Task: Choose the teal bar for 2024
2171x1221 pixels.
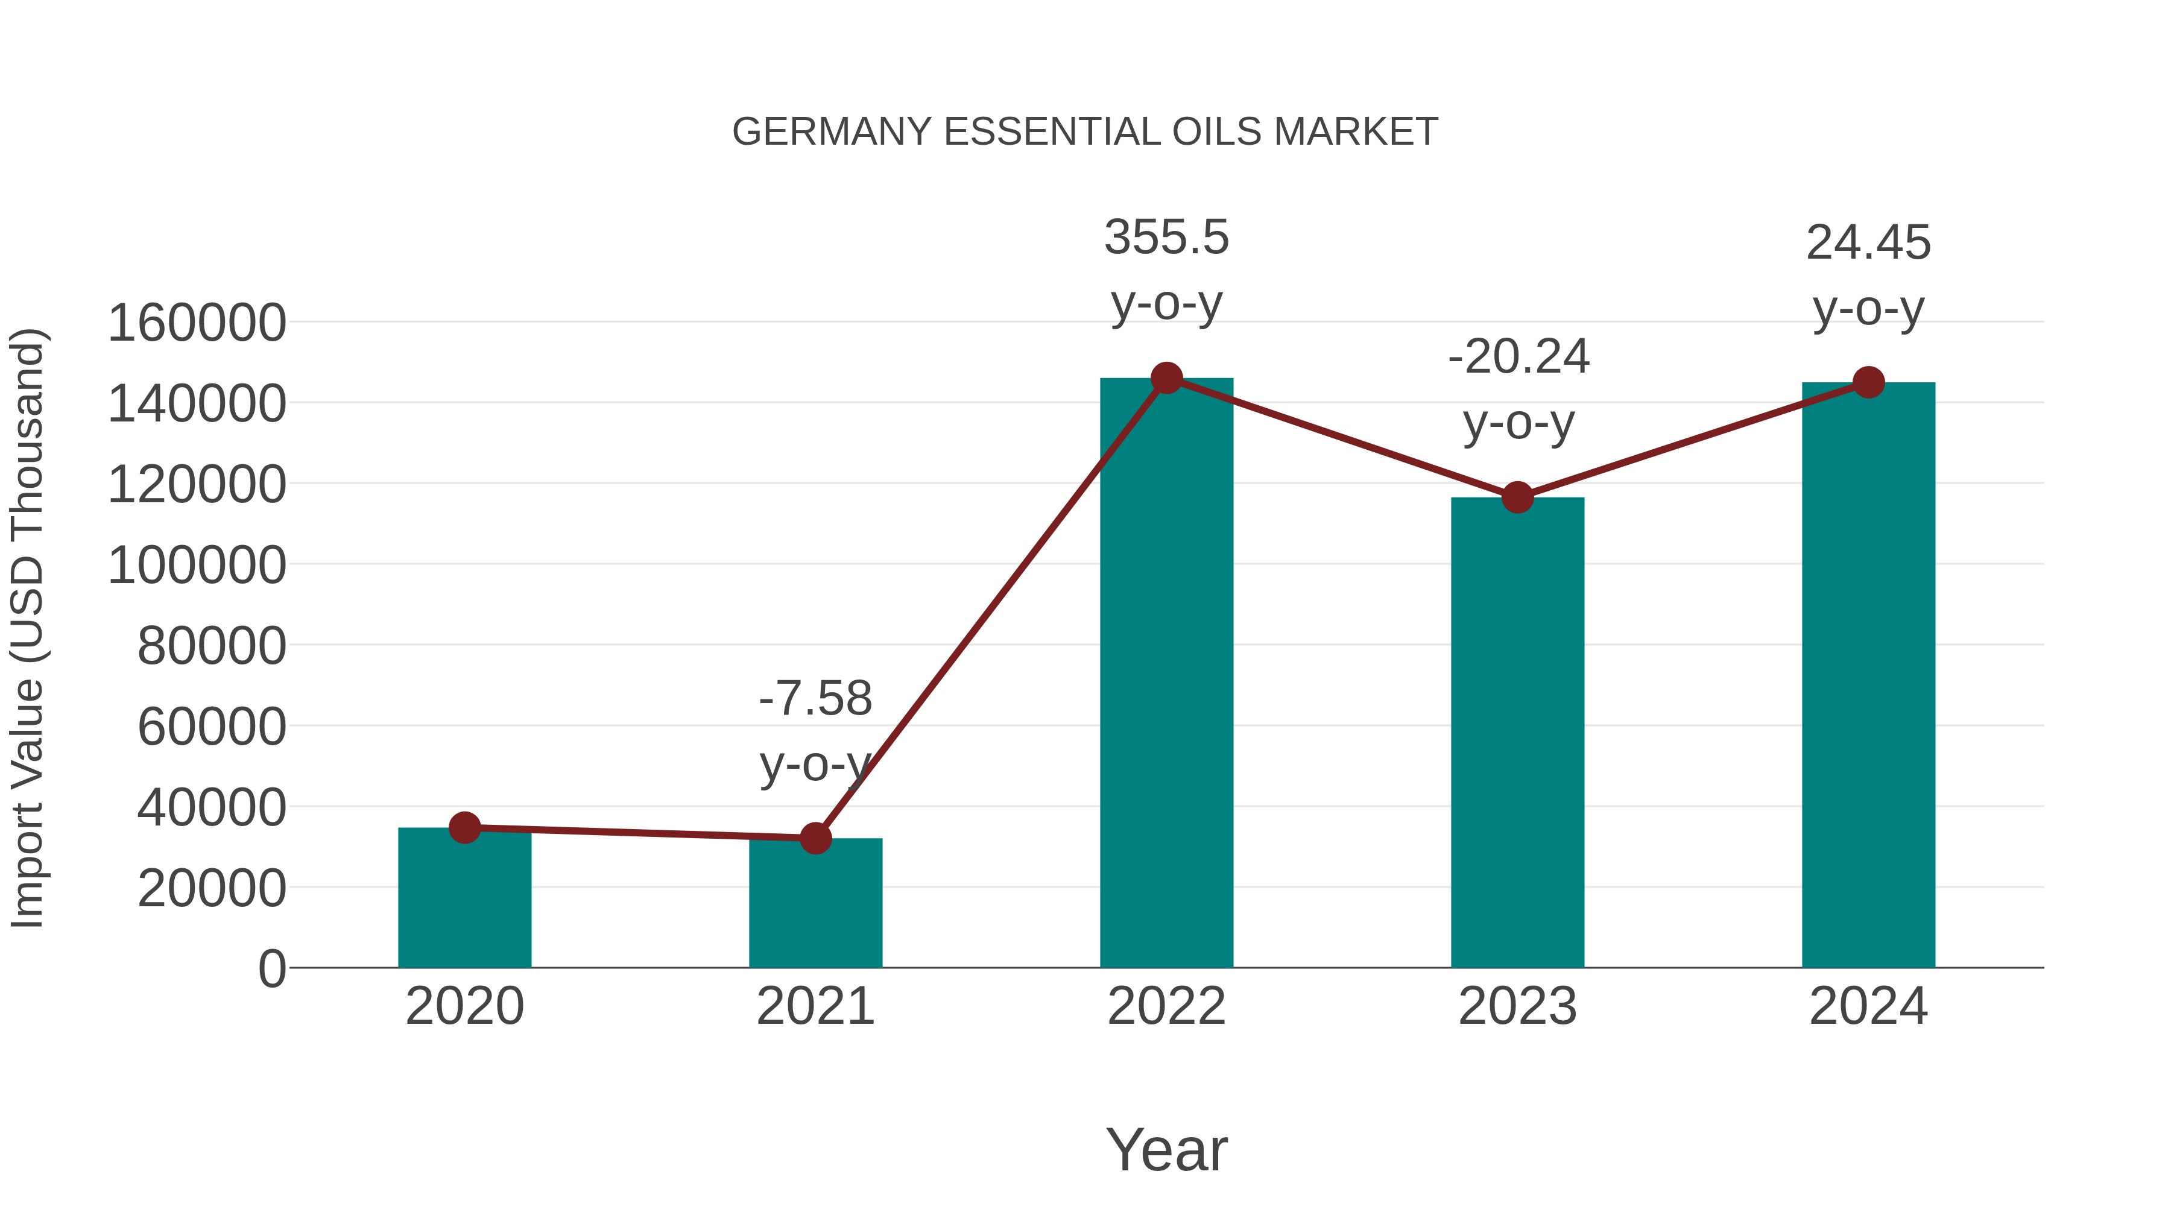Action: coord(1868,675)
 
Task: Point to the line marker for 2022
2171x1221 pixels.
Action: coord(1166,378)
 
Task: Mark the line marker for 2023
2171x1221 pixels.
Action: coord(1517,497)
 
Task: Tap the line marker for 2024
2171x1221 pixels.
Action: coord(1868,382)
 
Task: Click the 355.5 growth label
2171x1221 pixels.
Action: coord(1166,238)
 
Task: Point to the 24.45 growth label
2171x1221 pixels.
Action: coord(1868,244)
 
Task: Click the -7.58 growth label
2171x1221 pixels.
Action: coord(815,699)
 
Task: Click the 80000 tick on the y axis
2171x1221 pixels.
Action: coord(212,646)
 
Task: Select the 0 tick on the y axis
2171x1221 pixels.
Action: coord(272,968)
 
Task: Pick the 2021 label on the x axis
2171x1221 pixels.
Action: coord(815,1006)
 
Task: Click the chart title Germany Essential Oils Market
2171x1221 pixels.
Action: coord(1085,132)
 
